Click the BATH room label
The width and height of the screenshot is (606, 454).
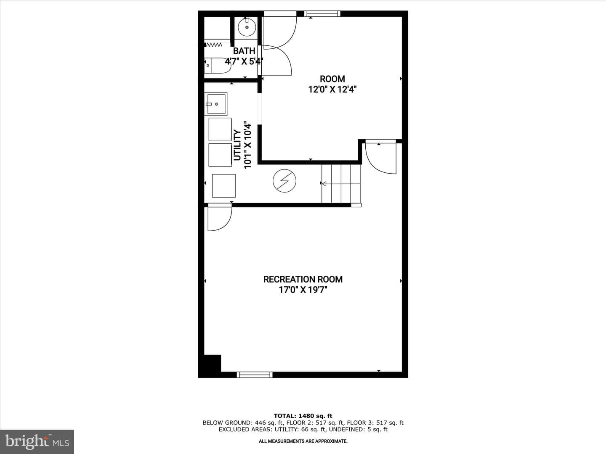coord(244,51)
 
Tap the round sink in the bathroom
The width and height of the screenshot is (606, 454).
coord(247,27)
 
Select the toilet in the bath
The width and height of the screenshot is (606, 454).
coord(217,66)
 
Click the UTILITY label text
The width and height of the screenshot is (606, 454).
coord(237,145)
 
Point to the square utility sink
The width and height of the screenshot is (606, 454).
coord(216,104)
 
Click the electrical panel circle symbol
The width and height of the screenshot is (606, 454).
coord(284,181)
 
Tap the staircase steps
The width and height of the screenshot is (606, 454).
coord(341,184)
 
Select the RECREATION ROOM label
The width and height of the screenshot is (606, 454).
coord(303,279)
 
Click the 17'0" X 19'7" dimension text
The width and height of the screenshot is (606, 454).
coord(303,290)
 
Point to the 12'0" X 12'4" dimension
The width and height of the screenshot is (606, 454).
coord(332,89)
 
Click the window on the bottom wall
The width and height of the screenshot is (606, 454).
coord(255,375)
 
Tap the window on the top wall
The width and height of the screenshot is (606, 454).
coord(322,13)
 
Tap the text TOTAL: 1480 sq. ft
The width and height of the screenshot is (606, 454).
coord(303,416)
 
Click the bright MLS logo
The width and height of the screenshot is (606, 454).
coord(37,442)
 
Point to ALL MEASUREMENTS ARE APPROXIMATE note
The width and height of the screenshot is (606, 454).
coord(303,441)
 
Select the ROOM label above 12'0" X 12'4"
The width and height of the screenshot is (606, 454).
coord(332,79)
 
